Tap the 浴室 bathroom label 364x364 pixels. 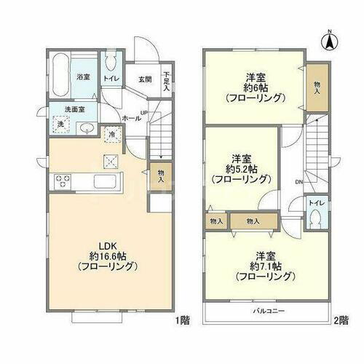83,76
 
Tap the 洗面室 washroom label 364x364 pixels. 73,110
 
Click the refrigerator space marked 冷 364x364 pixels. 112,134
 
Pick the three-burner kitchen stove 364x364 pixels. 61,181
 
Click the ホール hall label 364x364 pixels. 132,117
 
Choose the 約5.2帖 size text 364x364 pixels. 241,169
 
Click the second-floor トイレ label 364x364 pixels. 317,203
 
